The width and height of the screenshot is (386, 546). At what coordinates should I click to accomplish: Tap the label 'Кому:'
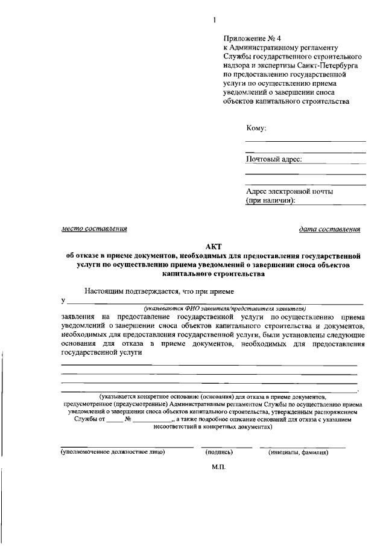point(256,129)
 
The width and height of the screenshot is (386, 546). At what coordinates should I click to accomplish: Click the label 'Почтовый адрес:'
point(274,159)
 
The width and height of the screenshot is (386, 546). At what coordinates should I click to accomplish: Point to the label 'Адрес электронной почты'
point(289,191)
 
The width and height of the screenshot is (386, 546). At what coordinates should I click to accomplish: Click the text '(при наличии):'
point(271,200)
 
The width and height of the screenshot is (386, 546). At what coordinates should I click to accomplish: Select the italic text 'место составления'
point(94,229)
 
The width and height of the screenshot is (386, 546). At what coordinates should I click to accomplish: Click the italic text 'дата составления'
point(329,229)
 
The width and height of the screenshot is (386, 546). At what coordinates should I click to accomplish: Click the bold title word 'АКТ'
point(214,246)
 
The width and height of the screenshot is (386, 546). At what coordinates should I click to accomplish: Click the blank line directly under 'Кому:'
point(305,141)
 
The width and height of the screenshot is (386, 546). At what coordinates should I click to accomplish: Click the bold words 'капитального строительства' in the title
point(214,273)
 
